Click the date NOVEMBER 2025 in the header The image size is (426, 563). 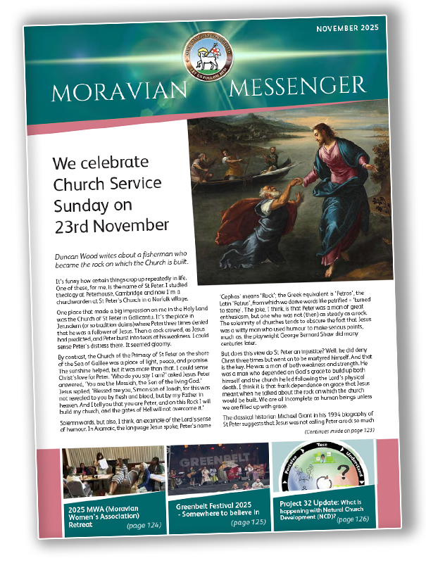[x=347, y=28]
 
